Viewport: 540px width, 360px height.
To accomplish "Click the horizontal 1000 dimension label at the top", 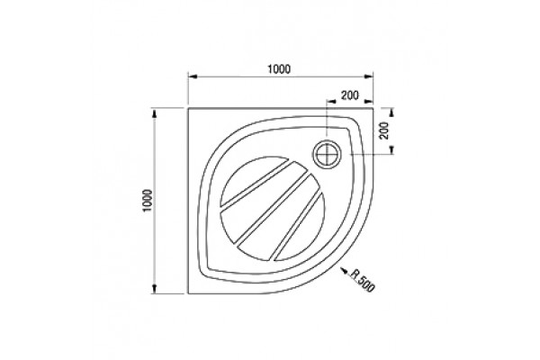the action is tap(279, 69).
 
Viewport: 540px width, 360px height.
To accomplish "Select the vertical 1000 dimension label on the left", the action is tap(148, 201).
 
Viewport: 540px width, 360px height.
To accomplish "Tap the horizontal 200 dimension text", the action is tap(350, 94).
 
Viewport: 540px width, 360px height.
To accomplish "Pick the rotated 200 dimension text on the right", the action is tap(384, 130).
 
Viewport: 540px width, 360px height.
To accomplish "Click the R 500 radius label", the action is tap(363, 280).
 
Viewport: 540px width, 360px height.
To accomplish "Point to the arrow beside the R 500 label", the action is tap(344, 270).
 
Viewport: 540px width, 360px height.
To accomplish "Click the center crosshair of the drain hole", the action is tap(327, 154).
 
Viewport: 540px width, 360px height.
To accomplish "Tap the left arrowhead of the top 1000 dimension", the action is tap(193, 76).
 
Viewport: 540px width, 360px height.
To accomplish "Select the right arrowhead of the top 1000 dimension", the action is tap(369, 76).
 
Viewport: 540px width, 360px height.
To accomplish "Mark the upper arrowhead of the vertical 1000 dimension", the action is tap(155, 113).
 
